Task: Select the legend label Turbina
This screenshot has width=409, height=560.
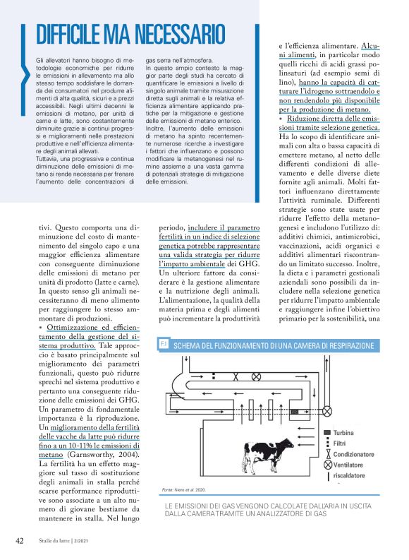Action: (x=343, y=432)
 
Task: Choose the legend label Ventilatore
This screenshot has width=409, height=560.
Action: (x=348, y=465)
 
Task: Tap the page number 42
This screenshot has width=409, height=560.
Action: (x=20, y=540)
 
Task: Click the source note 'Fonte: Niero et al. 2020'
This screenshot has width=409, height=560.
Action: (x=184, y=489)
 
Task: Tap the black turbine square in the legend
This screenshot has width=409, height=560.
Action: (x=326, y=432)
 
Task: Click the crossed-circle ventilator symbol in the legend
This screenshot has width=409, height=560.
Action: (x=326, y=465)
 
